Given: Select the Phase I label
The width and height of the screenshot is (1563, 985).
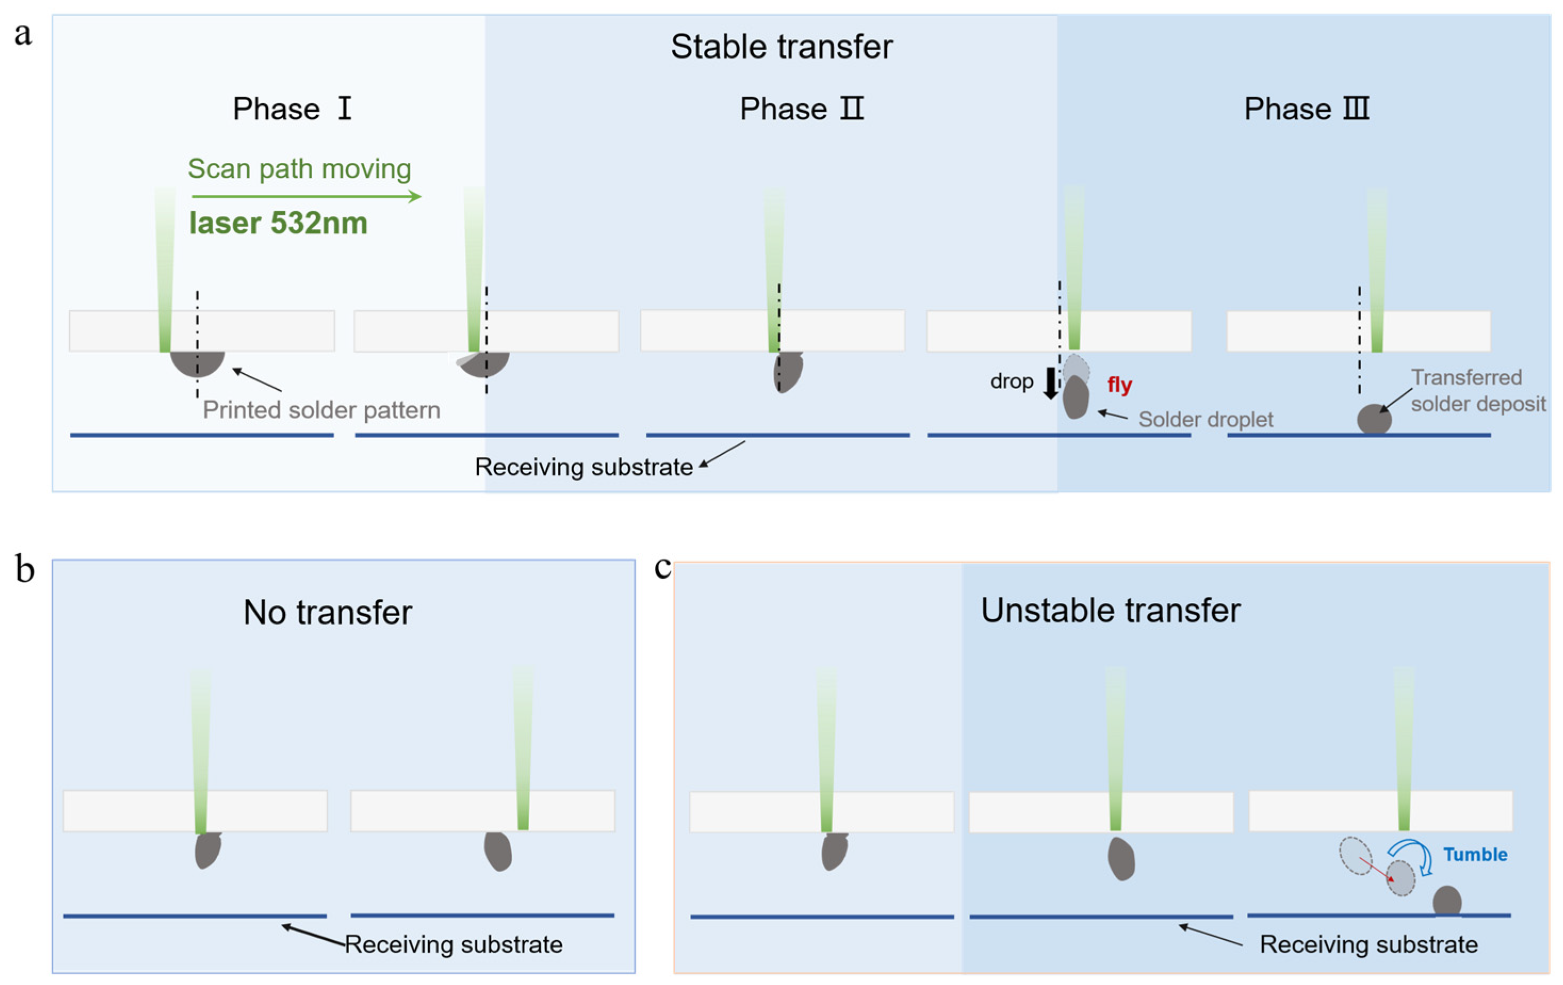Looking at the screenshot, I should tap(292, 109).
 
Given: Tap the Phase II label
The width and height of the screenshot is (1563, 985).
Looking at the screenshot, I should tap(802, 109).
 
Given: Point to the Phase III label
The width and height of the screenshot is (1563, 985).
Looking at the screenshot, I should tap(1306, 109).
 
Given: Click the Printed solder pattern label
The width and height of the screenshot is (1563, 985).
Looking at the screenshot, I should tap(322, 411).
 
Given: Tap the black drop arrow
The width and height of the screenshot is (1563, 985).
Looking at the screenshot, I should tap(1050, 383).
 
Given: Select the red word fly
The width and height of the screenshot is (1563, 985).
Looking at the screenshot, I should tap(1119, 384).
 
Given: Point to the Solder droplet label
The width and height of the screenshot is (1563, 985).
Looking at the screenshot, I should tap(1205, 420).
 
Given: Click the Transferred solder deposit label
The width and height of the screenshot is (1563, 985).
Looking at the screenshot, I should tap(1477, 391).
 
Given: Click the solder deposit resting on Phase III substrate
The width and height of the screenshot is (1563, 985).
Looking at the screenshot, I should tap(1374, 419).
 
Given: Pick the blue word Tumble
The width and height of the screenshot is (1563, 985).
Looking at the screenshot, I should tap(1475, 855).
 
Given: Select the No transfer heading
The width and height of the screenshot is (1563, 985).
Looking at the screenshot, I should tap(328, 612).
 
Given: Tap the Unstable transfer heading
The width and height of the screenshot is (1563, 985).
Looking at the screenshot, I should tap(1110, 610).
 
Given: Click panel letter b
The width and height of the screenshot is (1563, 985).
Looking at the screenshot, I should tap(24, 570).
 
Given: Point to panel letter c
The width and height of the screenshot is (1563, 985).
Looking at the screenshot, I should tap(662, 567).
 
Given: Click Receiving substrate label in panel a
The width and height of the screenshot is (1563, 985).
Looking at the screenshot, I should tap(583, 467).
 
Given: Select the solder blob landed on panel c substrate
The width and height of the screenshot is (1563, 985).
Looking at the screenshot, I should tap(1447, 901).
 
